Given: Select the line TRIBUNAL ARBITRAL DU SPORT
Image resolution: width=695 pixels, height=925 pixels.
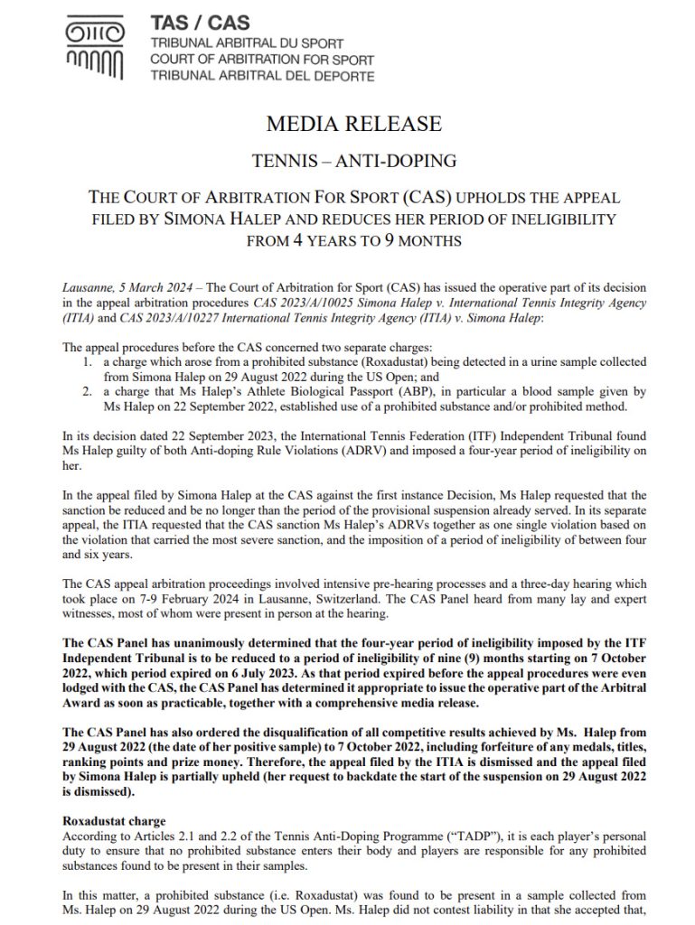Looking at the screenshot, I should click(244, 44).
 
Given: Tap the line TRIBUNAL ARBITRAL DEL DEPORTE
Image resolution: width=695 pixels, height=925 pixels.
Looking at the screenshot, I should click(262, 76).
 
